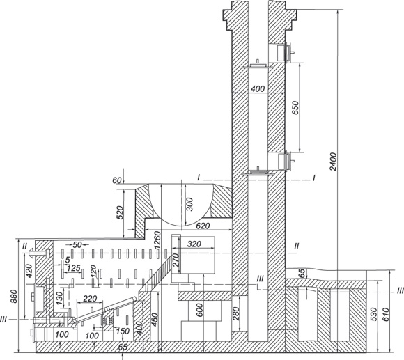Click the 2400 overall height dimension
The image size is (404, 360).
tap(334, 162)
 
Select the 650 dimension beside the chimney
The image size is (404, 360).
tap(296, 108)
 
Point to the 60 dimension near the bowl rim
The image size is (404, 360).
tap(117, 180)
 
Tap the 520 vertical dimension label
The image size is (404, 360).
tap(121, 212)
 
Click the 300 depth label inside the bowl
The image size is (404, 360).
tap(189, 204)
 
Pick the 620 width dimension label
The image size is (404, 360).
tap(203, 226)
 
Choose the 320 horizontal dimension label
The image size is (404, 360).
tap(194, 244)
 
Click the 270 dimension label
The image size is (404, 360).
tap(176, 260)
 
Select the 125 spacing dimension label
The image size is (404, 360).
tap(73, 268)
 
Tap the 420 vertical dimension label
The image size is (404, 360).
tap(29, 270)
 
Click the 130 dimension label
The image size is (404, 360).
tap(60, 298)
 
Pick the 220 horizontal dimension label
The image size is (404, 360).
tap(90, 299)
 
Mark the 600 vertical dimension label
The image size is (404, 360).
tap(199, 309)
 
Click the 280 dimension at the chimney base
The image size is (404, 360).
tap(236, 313)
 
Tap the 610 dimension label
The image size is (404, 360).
tap(386, 314)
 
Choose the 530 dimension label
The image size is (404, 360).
tap(373, 314)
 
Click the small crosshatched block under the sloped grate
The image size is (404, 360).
tap(108, 320)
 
